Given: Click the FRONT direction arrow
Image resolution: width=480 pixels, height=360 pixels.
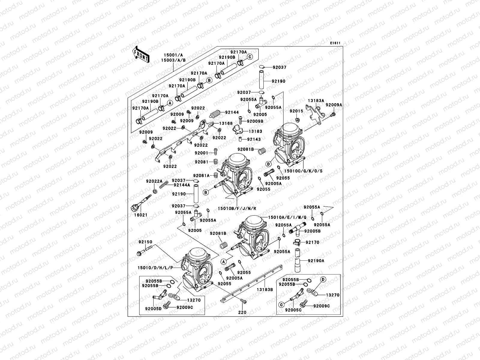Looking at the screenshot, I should point(141,54).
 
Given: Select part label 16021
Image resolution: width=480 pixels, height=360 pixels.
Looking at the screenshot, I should point(140,215).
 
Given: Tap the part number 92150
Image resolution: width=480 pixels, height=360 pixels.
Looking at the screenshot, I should point(145,242).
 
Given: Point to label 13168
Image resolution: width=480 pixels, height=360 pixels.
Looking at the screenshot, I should point(226,123).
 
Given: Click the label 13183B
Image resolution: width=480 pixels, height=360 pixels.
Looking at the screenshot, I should point(264,289).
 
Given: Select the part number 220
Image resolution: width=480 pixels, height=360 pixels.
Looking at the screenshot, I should point(242,312).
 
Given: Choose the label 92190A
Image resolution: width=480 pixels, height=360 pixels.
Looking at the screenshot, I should point(316,261).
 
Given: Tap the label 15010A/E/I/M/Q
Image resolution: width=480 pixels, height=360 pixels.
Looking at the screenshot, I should point(287,217).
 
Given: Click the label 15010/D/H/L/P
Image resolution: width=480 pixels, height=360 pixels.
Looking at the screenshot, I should point(155,267).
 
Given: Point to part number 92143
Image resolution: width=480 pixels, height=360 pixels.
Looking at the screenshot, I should point(254,139).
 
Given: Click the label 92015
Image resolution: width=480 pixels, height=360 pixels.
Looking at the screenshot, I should point(296,111).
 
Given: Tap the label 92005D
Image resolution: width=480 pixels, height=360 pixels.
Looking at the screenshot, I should point(154,308).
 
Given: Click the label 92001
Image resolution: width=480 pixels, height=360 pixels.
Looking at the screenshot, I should point(201,153).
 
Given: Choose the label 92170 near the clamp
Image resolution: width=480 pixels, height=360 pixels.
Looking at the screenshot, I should point(312,242).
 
